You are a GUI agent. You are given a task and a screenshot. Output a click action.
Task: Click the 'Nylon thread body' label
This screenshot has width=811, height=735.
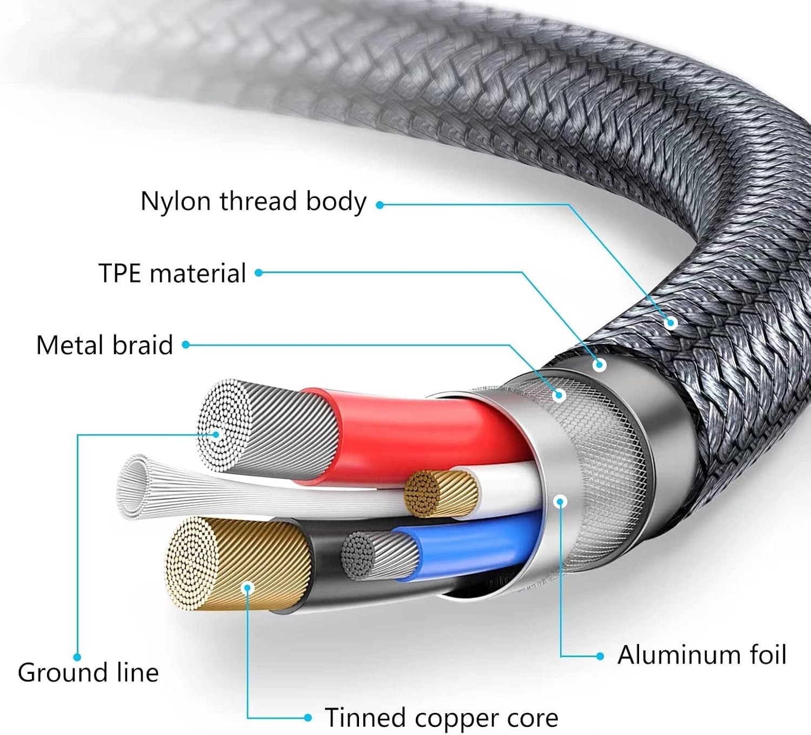click(253, 202)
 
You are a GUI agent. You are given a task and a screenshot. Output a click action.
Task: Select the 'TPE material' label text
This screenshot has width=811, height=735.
click(172, 273)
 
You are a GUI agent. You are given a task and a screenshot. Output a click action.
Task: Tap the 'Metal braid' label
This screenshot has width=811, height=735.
click(104, 345)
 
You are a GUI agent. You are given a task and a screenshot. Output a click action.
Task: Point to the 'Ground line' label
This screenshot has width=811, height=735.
click(88, 673)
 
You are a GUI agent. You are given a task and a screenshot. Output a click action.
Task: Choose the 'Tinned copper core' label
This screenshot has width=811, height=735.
click(441, 718)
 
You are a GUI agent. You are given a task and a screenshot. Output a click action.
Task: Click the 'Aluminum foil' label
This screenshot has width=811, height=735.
click(701, 655)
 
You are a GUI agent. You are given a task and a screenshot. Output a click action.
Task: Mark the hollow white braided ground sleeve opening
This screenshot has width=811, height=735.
click(132, 486)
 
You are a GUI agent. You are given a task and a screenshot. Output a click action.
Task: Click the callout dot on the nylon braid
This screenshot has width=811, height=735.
click(671, 323)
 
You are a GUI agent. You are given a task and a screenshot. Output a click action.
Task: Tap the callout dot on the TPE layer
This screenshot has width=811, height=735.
click(599, 365)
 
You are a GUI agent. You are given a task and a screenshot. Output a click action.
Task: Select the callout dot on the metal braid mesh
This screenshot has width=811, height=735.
click(559, 395)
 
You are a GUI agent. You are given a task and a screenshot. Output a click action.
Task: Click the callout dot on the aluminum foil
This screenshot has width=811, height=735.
click(561, 501)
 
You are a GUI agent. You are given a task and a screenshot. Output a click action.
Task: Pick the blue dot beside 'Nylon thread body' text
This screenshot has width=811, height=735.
click(380, 205)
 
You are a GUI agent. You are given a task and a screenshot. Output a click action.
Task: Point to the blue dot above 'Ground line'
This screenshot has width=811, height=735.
click(77, 657)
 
